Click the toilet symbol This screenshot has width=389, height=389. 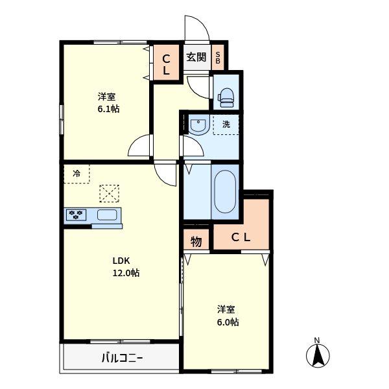click(226, 99)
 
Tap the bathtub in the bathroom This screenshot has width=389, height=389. click(225, 191)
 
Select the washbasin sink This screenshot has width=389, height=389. click(199, 124)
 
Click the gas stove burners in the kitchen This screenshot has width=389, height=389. click(76, 215)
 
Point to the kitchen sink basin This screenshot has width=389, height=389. click(107, 215)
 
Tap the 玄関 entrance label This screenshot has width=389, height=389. click(196, 57)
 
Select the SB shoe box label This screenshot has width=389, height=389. click(218, 58)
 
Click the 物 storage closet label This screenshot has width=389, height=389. click(196, 241)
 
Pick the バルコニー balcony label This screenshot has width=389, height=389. click(122, 358)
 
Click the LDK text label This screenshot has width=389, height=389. click(121, 261)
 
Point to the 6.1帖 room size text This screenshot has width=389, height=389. click(108, 109)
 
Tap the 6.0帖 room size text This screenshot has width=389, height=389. click(228, 322)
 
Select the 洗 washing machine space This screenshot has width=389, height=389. click(226, 124)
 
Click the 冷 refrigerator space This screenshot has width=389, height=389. click(77, 174)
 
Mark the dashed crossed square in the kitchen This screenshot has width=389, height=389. click(109, 193)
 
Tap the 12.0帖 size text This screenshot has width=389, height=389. click(126, 273)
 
